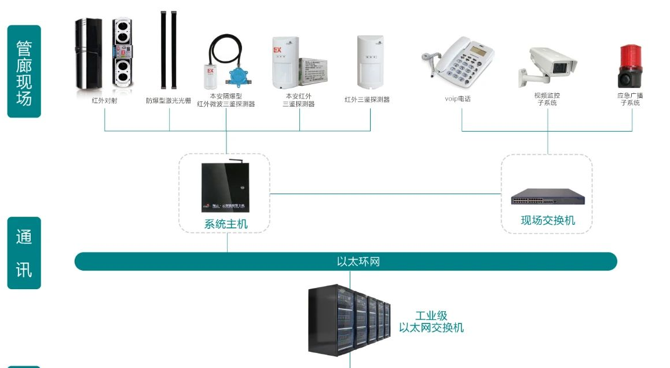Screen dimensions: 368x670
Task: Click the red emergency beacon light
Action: coord(630,64)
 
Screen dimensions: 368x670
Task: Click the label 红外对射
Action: coord(105,100)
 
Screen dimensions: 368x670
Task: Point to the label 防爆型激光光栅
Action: coord(169,100)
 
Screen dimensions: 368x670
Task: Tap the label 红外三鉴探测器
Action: coord(367,100)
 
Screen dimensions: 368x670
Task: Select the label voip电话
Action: coord(457,99)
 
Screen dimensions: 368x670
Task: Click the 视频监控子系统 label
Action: coord(547,99)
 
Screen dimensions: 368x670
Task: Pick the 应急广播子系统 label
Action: coord(630,99)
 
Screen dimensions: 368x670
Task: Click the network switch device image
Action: coord(547,198)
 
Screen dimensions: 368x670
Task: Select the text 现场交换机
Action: coord(548,220)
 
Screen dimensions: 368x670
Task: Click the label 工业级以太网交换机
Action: coord(431,322)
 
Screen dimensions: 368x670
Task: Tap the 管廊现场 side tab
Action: coord(24,71)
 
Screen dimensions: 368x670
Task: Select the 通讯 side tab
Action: coord(24,253)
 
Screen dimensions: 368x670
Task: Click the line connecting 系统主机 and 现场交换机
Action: coord(385,194)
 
